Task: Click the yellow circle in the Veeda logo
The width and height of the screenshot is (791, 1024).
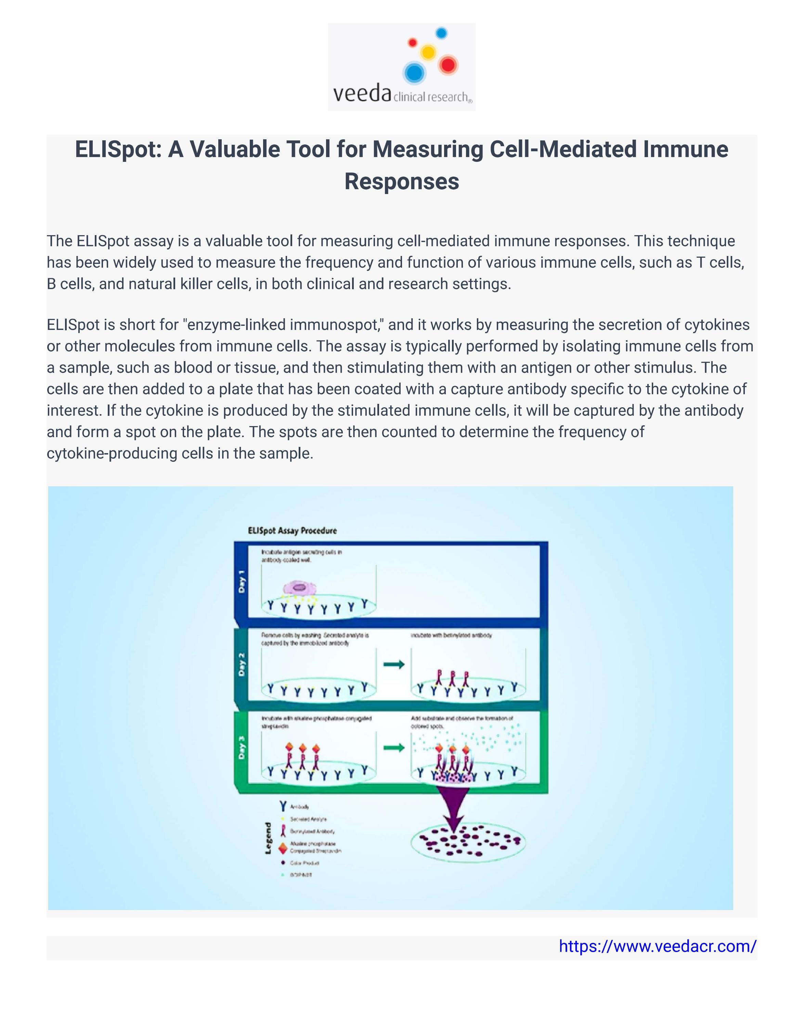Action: [x=428, y=52]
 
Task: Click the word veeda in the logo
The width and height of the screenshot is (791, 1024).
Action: [x=362, y=93]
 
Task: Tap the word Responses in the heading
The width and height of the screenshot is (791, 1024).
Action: [x=402, y=181]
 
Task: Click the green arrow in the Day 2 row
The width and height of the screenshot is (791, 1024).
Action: [x=394, y=664]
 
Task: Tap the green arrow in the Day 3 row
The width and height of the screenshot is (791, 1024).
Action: [x=394, y=747]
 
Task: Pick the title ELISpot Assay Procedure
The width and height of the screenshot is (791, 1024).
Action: [x=292, y=531]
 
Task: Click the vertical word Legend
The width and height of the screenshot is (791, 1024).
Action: [x=268, y=838]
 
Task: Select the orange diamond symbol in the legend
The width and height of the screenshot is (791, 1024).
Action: [x=283, y=848]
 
